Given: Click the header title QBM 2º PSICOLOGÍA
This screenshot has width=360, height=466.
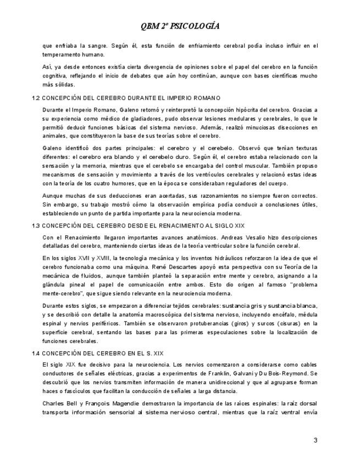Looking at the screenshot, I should [180, 25].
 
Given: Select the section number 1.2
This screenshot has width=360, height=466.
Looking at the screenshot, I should [36, 98].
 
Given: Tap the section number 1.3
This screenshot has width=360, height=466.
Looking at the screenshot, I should [36, 226].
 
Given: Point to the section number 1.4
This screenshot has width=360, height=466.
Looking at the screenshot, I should [36, 353].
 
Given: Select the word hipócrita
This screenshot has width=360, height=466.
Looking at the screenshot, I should [234, 109].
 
